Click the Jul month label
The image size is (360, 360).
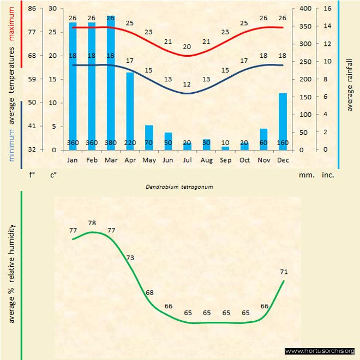click(187, 160)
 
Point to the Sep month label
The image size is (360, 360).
click(225, 160)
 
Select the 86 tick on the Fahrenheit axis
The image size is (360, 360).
click(32, 9)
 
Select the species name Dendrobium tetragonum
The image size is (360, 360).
click(179, 186)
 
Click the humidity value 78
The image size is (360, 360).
click(92, 223)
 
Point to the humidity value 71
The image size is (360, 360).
click(284, 271)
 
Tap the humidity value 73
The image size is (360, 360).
click(130, 257)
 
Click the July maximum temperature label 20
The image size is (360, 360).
click(187, 47)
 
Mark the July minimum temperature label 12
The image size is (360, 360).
click(187, 85)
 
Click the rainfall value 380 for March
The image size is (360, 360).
click(111, 143)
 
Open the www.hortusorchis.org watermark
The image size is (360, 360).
click(320, 351)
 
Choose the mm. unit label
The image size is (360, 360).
click(305, 175)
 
